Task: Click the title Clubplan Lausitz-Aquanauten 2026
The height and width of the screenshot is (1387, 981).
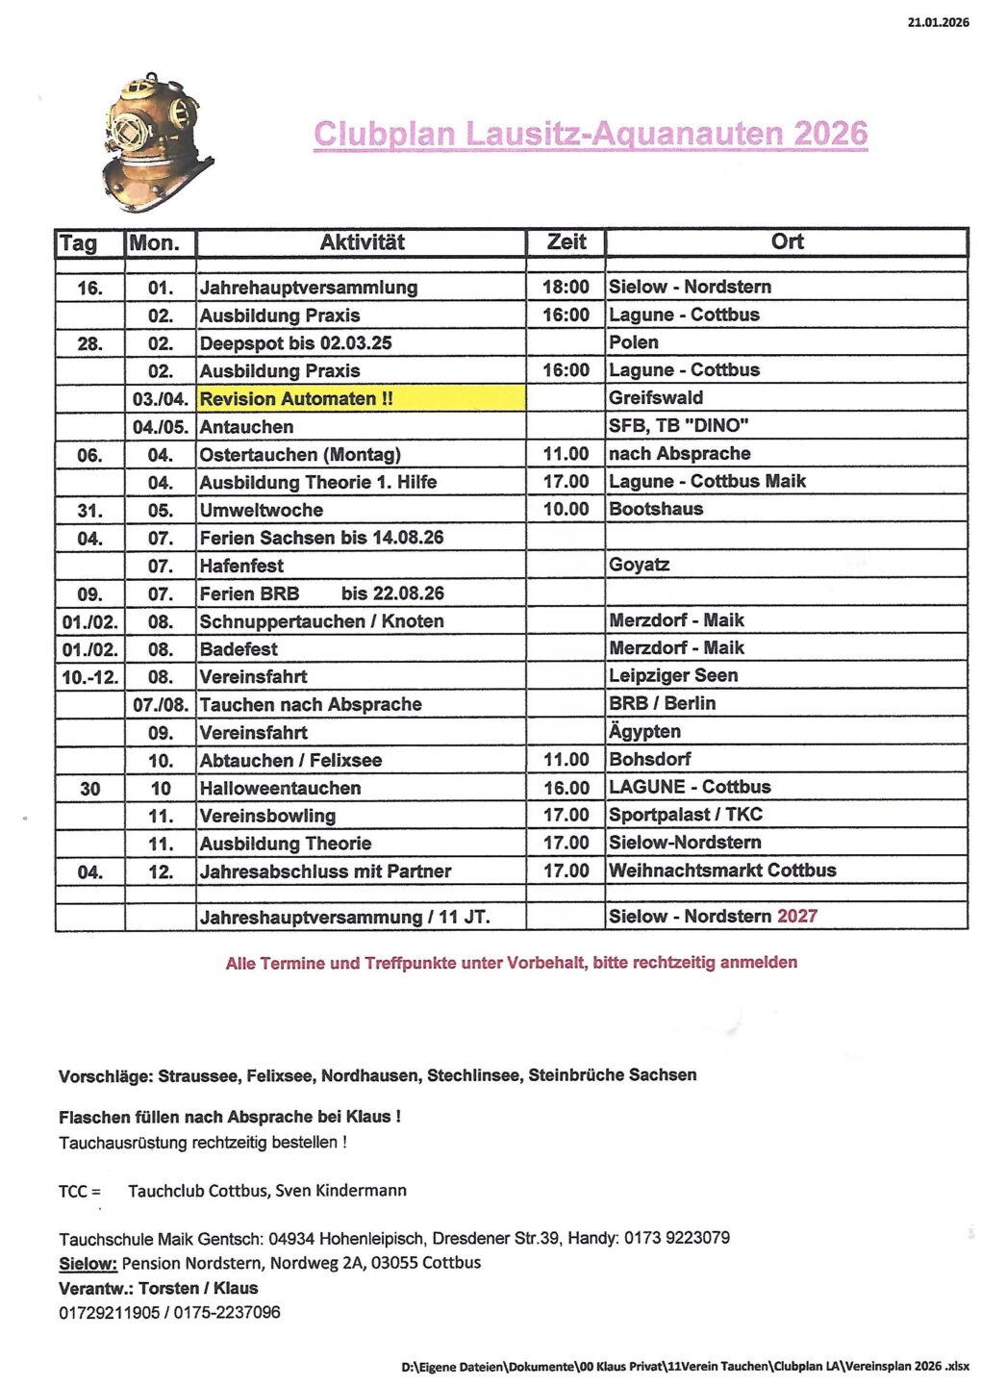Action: point(591,134)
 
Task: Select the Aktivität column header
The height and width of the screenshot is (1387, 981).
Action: point(362,242)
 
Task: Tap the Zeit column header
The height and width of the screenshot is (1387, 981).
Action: point(566,242)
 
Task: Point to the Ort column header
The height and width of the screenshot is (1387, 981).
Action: point(787,242)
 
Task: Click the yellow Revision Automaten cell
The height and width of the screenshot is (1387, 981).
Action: point(361,398)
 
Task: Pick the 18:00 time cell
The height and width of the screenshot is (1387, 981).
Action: point(566,288)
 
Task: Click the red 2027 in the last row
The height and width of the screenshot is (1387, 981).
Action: point(797,916)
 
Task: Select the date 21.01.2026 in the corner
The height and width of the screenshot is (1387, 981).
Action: point(938,22)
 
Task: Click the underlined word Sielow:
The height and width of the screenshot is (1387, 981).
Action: point(88,1263)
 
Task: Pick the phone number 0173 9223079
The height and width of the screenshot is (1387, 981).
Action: point(676,1238)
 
